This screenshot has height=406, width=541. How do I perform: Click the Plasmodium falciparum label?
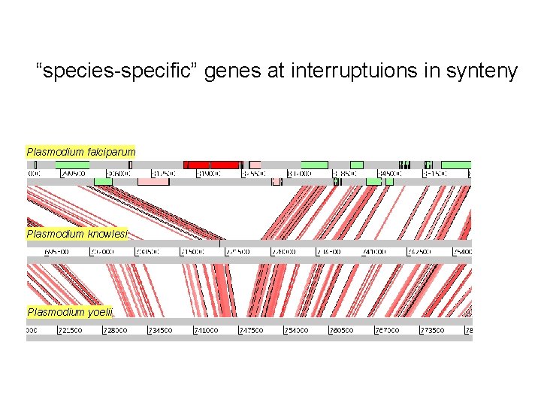pos(81,152)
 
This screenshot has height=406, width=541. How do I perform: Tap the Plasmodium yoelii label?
pos(70,312)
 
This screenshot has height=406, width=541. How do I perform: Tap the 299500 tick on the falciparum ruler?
pos(73,173)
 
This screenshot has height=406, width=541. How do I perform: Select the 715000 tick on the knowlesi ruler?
pos(193,252)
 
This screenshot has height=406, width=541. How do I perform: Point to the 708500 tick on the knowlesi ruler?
pos(148,252)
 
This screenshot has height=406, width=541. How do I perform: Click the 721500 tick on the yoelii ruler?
pos(69,330)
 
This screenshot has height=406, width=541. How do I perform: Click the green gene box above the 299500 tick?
pos(72,164)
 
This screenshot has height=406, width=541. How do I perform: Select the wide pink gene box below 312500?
pos(153,181)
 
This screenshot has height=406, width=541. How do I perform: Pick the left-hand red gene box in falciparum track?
pos(198,164)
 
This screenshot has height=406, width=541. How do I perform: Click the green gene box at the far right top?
pos(455,164)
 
